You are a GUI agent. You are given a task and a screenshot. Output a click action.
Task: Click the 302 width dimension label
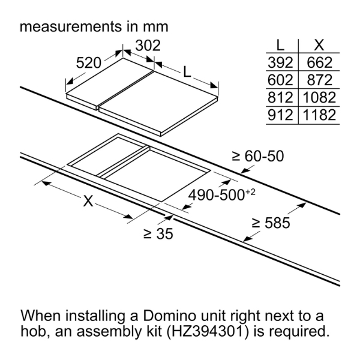148,46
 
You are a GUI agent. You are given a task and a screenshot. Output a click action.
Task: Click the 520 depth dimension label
89,62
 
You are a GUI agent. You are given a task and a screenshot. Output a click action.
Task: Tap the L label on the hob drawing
187,73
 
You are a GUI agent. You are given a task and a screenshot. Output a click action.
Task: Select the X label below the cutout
88,202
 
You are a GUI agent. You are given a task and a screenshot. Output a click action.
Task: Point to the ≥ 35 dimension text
158,234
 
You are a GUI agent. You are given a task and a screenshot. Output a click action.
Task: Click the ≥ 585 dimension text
271,223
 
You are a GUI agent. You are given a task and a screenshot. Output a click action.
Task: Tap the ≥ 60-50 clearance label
258,156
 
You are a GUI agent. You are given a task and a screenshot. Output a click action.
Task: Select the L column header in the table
280,45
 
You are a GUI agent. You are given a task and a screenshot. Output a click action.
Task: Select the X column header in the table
319,45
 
